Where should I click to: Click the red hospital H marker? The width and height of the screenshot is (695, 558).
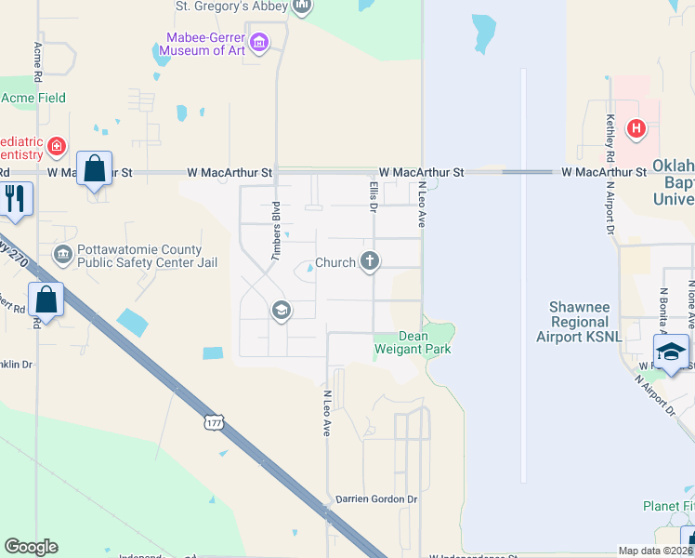[636, 128]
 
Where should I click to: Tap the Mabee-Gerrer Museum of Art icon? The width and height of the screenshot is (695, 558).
[259, 42]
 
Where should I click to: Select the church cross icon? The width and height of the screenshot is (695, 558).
[370, 261]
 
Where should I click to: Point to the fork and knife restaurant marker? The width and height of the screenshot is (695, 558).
[14, 198]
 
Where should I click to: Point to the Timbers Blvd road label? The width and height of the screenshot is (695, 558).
[276, 230]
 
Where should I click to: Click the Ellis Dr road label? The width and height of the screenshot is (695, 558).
[373, 197]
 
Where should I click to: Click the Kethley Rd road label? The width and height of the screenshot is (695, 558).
[610, 135]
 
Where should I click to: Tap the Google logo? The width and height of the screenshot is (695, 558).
[31, 547]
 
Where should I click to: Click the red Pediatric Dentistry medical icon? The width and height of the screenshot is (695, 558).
[57, 146]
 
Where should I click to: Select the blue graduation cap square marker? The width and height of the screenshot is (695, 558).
[671, 351]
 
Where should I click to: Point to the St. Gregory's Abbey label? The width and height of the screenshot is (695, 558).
[231, 6]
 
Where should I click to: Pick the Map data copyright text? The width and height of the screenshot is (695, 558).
[655, 551]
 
